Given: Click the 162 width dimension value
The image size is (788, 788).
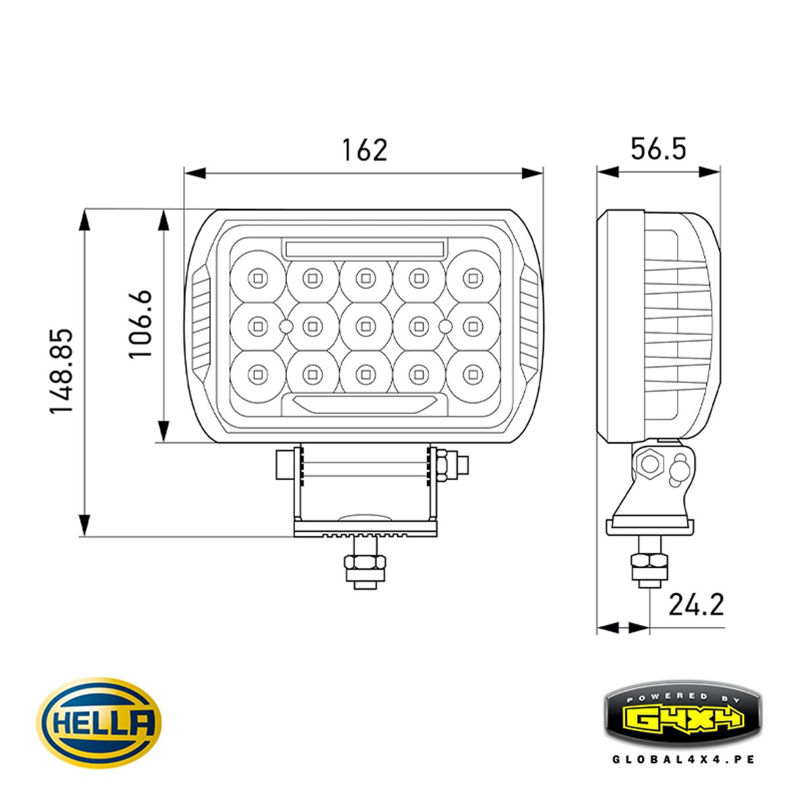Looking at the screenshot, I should [364, 150].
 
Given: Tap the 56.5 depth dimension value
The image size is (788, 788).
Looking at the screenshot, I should [658, 149].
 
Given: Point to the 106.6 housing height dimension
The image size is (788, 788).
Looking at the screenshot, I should [141, 324].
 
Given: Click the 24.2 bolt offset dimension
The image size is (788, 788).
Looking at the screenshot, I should [696, 604].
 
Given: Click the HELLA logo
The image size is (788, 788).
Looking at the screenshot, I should [98, 722].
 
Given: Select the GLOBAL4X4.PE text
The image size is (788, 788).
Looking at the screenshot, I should [683, 759].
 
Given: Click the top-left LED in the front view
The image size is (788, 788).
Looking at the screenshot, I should [257, 278].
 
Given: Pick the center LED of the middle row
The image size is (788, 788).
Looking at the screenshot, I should [364, 325].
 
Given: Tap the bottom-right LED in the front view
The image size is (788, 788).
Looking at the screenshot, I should [471, 374].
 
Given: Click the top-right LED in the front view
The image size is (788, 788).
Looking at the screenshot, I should [471, 278].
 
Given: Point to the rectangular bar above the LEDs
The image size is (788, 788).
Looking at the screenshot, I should [364, 248].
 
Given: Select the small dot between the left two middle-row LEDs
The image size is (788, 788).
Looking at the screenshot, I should [286, 326].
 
